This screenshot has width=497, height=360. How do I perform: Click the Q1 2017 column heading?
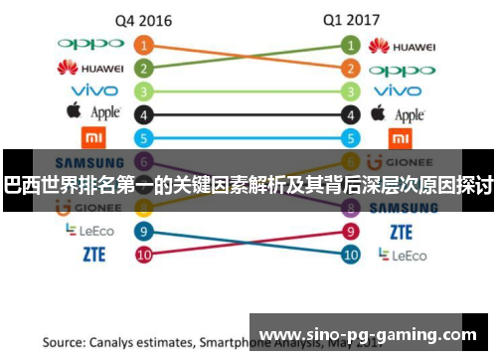click(350, 20)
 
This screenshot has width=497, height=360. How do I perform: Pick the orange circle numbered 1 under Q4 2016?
click(145, 46)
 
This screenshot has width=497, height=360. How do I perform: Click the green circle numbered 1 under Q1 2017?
click(350, 46)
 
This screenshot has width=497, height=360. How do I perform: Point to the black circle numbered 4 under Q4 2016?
click(145, 115)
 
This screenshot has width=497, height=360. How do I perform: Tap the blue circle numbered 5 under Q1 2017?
click(350, 138)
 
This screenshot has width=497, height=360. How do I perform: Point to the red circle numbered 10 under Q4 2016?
click(145, 255)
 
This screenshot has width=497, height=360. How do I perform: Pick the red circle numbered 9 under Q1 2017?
click(350, 232)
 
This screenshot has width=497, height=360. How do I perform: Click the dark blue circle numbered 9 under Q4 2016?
click(145, 232)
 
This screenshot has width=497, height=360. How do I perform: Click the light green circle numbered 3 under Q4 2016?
click(145, 91)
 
